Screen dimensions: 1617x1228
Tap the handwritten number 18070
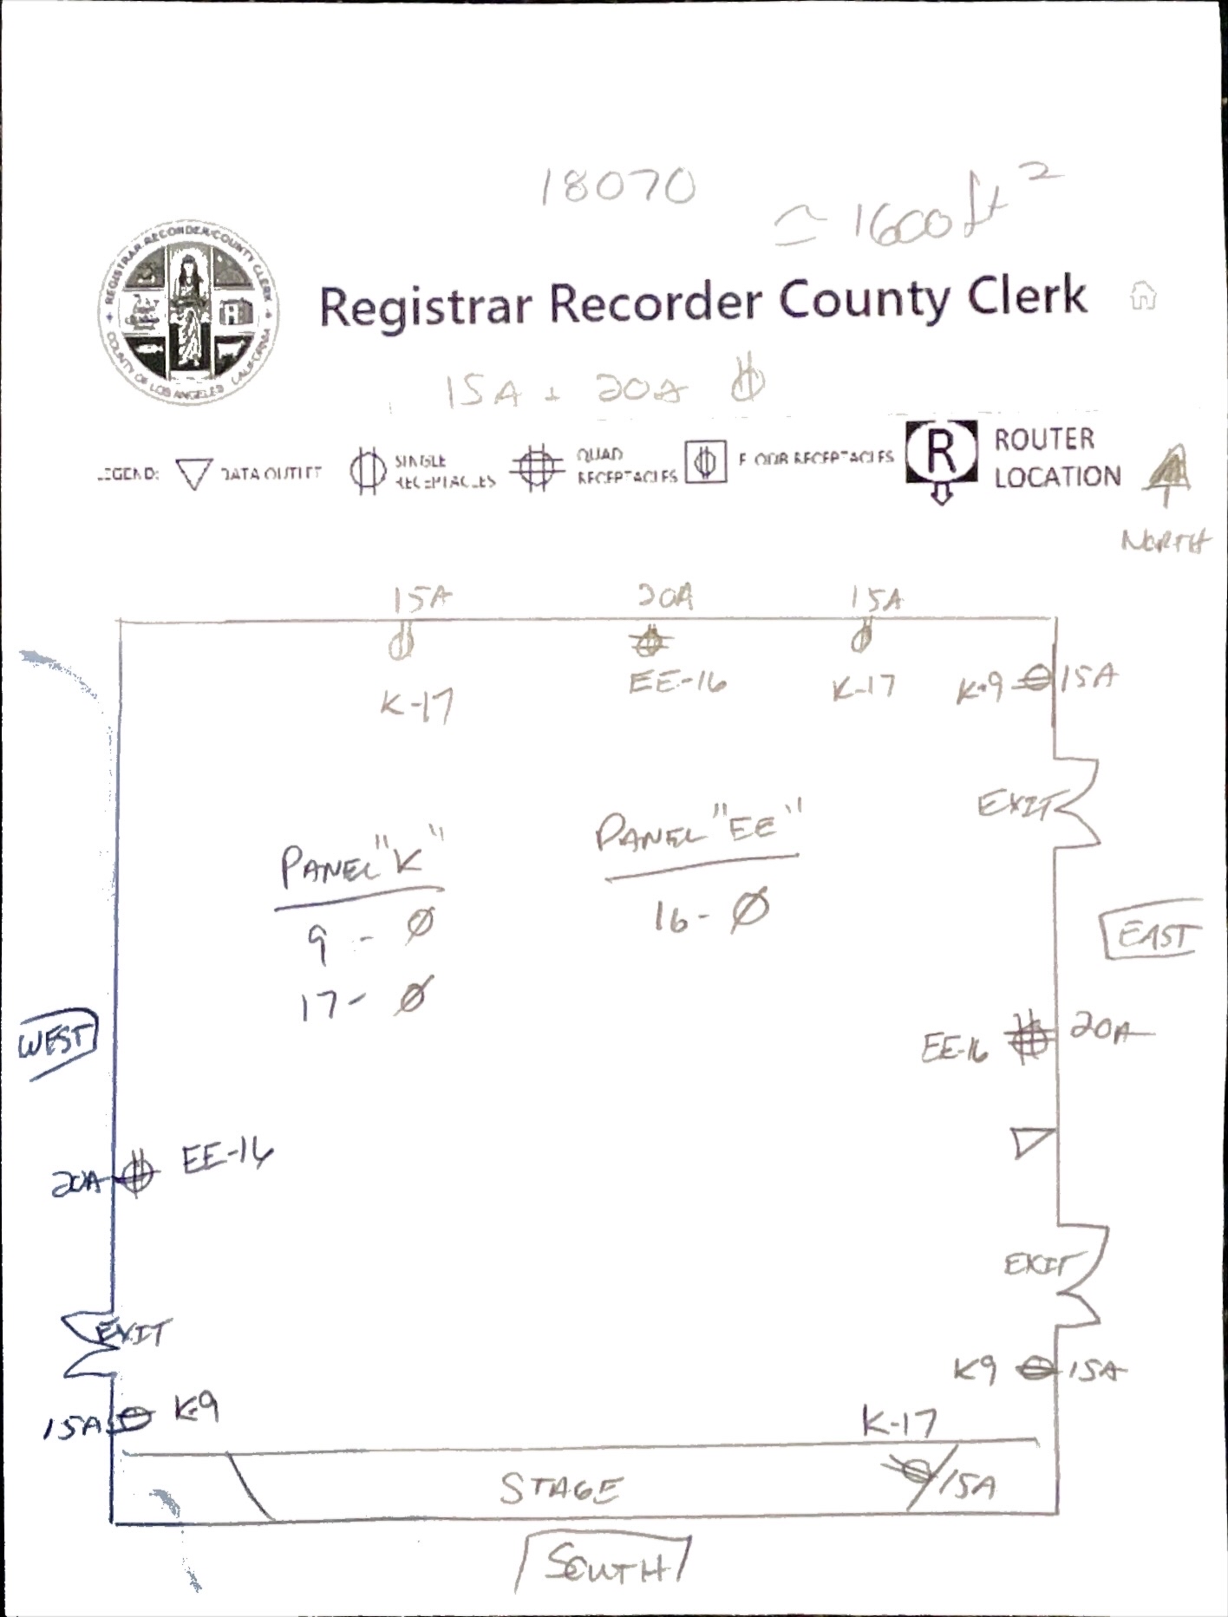click(617, 186)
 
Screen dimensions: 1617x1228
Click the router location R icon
click(942, 453)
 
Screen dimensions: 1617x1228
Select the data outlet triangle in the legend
click(193, 473)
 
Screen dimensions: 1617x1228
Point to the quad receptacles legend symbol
click(537, 468)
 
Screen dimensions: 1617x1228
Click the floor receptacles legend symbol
click(706, 461)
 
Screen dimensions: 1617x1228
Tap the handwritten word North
click(1165, 542)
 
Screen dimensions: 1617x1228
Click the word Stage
click(560, 1488)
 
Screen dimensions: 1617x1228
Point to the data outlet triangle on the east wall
click(1032, 1142)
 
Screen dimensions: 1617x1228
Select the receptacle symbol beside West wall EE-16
click(135, 1175)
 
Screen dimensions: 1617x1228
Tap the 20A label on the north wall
click(665, 597)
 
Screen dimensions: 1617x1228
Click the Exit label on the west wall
click(130, 1334)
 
